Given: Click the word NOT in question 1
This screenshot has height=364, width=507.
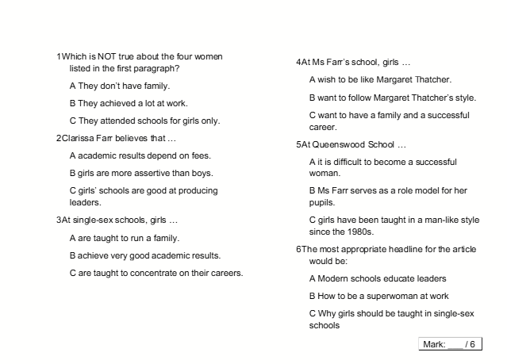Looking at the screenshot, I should click(x=108, y=57).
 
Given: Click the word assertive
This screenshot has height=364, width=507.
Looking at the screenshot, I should click(x=152, y=173).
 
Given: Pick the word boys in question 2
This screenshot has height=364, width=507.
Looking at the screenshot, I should click(x=202, y=173).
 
